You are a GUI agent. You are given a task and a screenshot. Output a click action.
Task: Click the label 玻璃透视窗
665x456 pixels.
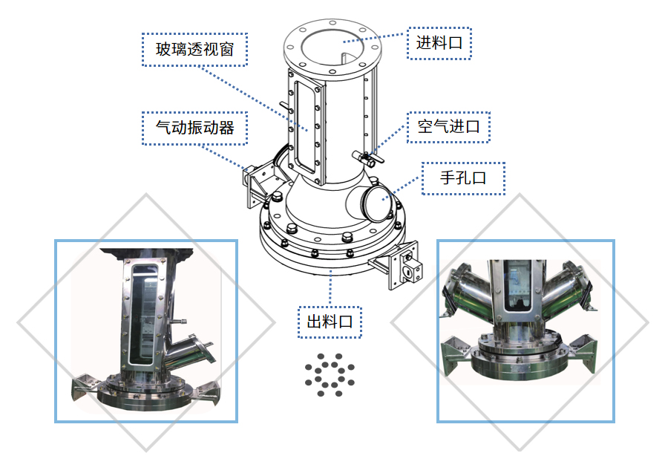click(194, 49)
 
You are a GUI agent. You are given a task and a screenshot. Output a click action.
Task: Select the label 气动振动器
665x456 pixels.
click(194, 128)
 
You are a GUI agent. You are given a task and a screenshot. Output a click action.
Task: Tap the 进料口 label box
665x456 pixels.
click(439, 43)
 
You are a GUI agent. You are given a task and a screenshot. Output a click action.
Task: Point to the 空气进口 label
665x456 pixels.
click(449, 126)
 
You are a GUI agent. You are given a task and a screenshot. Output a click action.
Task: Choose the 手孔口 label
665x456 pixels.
click(463, 178)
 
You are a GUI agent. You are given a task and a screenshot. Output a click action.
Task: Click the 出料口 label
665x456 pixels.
click(330, 322)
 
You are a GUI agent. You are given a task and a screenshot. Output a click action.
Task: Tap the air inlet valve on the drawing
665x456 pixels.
click(367, 158)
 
